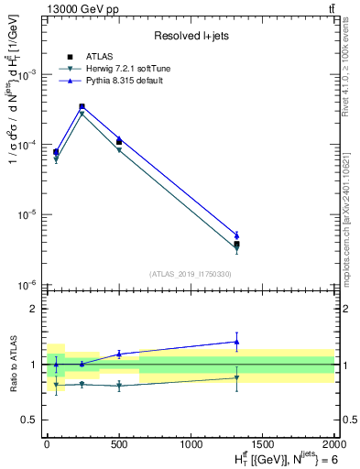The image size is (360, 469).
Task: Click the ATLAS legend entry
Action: point(100,58)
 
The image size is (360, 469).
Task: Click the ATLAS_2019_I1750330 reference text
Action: point(191,274)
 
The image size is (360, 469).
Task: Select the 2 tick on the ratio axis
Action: point(38,309)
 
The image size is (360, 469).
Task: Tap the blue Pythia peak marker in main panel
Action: point(82,106)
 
